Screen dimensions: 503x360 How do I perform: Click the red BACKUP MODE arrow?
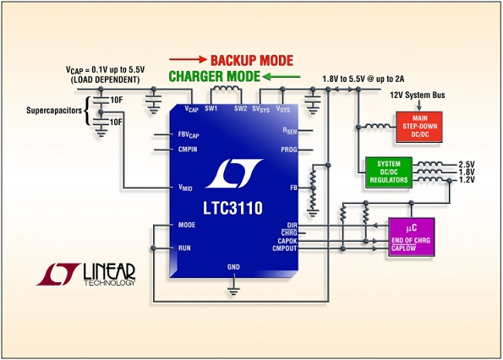coord(188,59)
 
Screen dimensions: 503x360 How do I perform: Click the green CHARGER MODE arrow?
coord(281,77)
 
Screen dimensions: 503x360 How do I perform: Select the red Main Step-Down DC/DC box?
coord(419,127)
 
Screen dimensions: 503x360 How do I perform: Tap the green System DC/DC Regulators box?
coord(389,172)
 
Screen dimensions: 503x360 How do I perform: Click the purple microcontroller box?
coord(412,237)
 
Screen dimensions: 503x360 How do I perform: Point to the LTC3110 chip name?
coord(232,208)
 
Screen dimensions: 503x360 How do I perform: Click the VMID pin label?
coord(185,188)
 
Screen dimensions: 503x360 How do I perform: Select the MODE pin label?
coord(187,225)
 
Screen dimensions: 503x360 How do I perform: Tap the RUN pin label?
coord(184,248)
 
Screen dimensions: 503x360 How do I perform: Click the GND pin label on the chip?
coord(233,267)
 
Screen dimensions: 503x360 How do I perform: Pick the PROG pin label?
coord(289,150)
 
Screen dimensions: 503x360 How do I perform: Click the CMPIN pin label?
coord(188,150)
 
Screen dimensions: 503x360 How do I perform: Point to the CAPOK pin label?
coord(287,241)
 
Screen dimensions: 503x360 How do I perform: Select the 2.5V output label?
coord(467,165)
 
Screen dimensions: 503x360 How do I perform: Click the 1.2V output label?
coord(467,180)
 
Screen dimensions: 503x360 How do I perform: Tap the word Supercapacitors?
coord(54,111)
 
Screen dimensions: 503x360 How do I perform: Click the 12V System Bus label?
coord(418,95)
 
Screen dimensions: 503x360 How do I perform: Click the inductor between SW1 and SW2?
coord(226,89)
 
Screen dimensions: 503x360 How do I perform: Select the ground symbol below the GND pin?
coord(233,291)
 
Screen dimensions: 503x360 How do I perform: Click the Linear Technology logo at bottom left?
coord(85,275)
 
